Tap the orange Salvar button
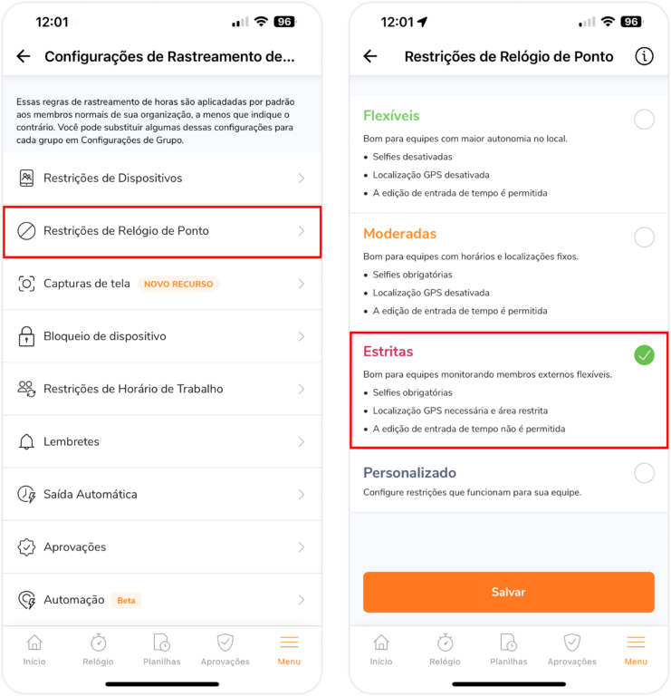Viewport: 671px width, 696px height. pos(508,592)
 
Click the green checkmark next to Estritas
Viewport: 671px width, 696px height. pos(644,355)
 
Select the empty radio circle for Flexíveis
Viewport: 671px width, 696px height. pos(644,120)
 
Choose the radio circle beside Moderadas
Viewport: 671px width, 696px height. pos(644,237)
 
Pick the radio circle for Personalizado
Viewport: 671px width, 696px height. pos(644,473)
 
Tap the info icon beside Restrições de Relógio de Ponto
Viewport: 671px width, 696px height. pos(644,56)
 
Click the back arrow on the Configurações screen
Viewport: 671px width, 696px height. pos(24,56)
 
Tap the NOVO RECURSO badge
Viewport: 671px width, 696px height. pos(178,284)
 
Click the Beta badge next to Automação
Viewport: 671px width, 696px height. pos(126,600)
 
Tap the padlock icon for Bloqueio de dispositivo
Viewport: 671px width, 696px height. pos(26,336)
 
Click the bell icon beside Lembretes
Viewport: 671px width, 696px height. pos(26,441)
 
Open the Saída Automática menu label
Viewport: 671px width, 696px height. pos(91,494)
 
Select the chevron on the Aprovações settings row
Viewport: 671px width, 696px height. pos(302,547)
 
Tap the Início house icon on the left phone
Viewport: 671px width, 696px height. pos(34,643)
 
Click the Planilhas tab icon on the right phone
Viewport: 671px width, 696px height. pos(508,643)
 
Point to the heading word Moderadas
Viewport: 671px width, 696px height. pos(399,234)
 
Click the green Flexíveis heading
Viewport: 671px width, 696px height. pos(391,116)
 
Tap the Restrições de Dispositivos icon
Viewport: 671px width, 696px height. pos(26,178)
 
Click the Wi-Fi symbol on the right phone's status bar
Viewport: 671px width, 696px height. pos(608,22)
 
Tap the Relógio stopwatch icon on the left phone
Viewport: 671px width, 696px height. pos(98,643)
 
